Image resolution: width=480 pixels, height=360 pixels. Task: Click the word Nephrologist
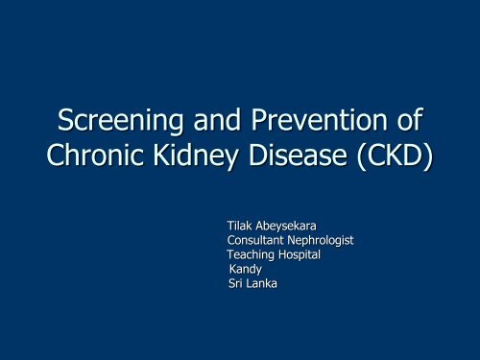click(x=323, y=240)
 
